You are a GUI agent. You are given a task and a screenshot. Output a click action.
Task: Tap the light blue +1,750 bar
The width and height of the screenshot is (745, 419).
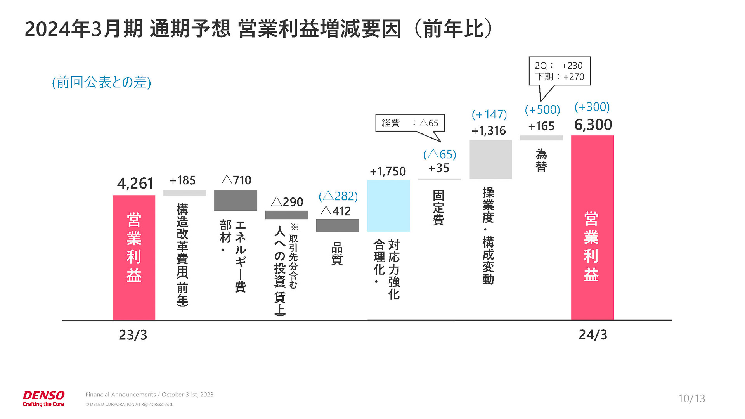pyautogui.click(x=388, y=206)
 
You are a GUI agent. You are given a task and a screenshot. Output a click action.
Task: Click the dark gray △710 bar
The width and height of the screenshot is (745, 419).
pyautogui.click(x=236, y=200)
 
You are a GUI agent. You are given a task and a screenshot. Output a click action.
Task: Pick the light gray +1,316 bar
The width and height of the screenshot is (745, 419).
pyautogui.click(x=490, y=159)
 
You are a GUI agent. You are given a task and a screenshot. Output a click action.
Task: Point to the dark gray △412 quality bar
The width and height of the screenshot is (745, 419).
pyautogui.click(x=337, y=225)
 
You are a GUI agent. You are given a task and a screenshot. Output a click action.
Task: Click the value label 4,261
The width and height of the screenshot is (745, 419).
pyautogui.click(x=135, y=184)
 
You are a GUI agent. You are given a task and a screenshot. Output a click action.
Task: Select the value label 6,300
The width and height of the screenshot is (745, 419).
pyautogui.click(x=593, y=125)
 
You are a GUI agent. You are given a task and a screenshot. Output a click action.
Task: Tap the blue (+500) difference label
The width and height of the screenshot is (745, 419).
pyautogui.click(x=542, y=110)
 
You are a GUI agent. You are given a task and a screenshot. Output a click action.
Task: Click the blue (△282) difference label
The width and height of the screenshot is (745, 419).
pyautogui.click(x=338, y=196)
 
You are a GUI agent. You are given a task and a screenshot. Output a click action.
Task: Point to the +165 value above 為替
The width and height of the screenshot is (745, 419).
pyautogui.click(x=541, y=126)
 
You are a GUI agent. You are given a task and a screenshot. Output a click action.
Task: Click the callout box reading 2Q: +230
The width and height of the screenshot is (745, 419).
pyautogui.click(x=559, y=71)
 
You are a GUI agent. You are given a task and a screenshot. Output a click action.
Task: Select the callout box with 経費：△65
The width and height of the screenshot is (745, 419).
pyautogui.click(x=410, y=123)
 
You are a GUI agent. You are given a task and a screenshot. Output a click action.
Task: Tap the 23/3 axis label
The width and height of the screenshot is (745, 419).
pyautogui.click(x=133, y=335)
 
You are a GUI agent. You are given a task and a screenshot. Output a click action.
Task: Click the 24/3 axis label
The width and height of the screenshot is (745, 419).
pyautogui.click(x=593, y=335)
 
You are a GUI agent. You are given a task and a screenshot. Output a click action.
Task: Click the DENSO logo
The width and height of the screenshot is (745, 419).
pyautogui.click(x=43, y=398)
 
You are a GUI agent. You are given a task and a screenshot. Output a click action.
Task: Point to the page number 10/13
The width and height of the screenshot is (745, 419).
pyautogui.click(x=691, y=398)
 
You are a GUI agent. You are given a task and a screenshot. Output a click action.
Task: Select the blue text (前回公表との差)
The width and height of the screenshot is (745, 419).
pyautogui.click(x=101, y=82)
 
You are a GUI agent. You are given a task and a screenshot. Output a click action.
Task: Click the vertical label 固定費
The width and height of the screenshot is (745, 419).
pyautogui.click(x=438, y=208)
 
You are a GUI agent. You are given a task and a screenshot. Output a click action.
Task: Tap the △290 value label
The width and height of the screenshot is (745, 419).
pyautogui.click(x=287, y=202)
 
